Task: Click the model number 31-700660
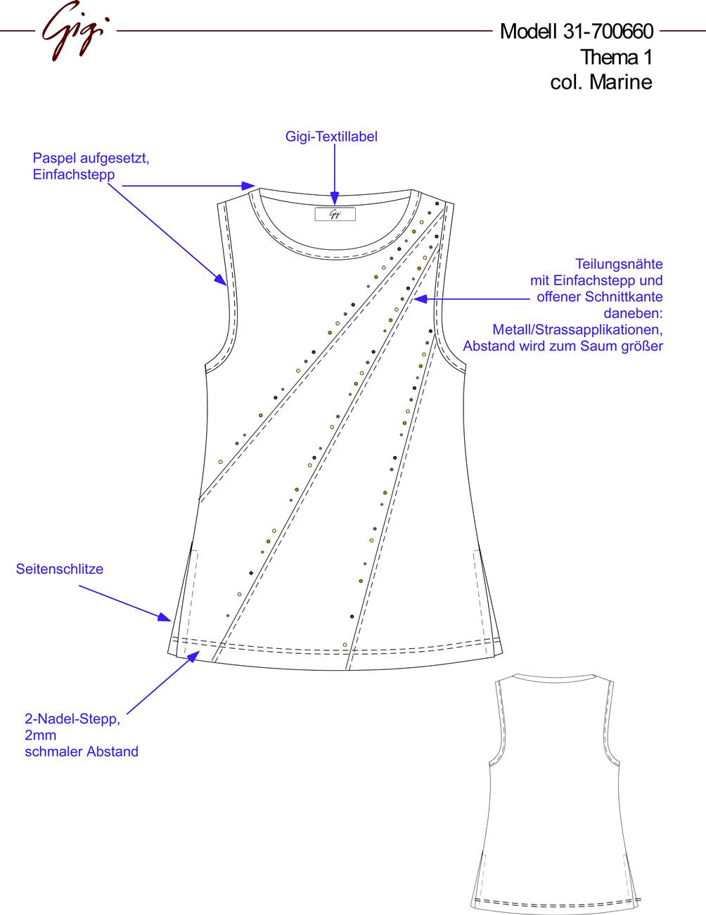608,32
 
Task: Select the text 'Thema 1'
617,57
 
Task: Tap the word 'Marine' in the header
621,82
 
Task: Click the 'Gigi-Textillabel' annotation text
331,137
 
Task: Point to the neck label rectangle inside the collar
335,214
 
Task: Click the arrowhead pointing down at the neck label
334,198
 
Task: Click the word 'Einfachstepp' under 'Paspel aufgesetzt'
74,175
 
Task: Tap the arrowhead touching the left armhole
221,279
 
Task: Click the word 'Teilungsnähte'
619,264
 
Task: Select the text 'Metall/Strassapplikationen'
578,329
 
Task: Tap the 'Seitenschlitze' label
60,569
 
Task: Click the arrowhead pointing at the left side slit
165,617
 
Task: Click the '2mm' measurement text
40,736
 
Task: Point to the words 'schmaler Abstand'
82,752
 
